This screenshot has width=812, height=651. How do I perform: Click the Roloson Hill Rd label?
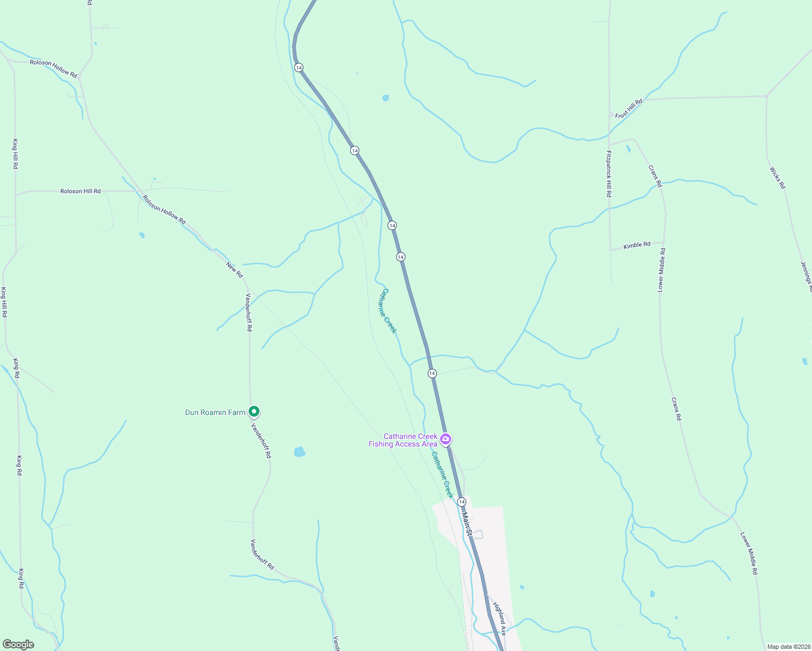80,191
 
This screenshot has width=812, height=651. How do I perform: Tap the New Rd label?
234,270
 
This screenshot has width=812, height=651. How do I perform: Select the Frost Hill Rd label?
629,108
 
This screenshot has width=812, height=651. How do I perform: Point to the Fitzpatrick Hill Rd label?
609,174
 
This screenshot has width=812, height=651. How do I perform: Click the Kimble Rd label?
637,246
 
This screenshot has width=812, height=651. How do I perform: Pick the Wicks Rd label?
777,178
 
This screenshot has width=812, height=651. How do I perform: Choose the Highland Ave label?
499,618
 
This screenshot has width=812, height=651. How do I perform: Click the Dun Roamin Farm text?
215,413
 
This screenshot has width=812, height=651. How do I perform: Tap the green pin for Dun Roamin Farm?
253,412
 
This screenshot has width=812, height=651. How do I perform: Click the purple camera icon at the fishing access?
446,439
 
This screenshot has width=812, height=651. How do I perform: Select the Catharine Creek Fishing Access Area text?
403,440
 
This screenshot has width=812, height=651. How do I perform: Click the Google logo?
18,644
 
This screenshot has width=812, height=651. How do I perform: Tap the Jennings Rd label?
806,277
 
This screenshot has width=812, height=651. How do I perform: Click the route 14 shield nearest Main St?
461,502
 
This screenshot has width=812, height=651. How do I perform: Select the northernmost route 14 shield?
299,67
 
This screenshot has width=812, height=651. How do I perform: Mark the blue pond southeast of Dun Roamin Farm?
299,451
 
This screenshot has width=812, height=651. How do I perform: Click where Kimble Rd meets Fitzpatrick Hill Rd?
611,250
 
